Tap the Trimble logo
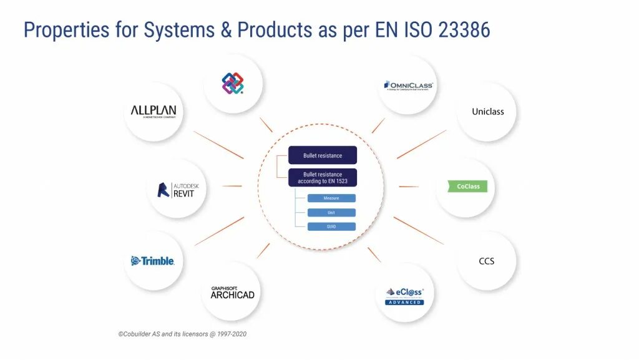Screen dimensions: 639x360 [153, 261]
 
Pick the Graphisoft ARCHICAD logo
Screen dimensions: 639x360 [232, 293]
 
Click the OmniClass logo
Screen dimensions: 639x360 [409, 85]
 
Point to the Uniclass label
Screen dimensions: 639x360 [487, 112]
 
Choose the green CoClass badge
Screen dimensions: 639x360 [467, 187]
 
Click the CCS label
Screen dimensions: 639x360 [487, 261]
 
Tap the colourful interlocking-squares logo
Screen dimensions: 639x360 [233, 84]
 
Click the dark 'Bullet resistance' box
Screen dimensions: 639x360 [323, 155]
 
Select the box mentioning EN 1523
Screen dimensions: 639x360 [323, 177]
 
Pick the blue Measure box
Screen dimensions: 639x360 [331, 198]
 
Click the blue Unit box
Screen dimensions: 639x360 [331, 212]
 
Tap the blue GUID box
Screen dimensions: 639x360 [331, 226]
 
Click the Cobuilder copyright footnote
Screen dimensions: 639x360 [182, 334]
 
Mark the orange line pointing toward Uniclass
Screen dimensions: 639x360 [422, 144]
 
